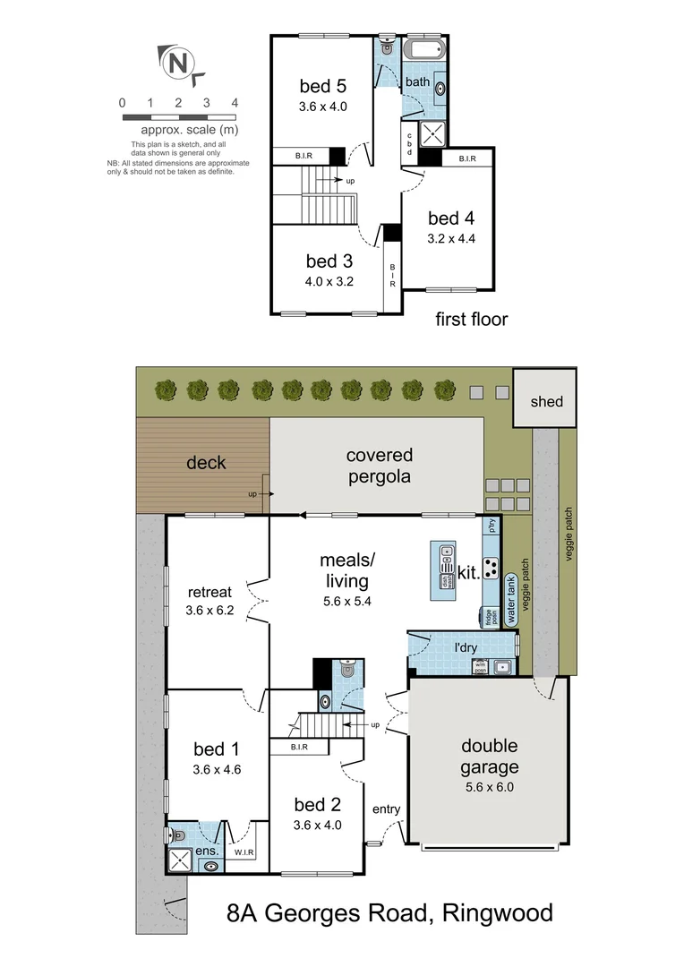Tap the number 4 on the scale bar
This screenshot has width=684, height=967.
[x=235, y=103]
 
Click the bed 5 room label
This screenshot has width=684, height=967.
[x=322, y=87]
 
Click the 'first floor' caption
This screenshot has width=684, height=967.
[x=472, y=319]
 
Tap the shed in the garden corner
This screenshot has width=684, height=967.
[x=545, y=401]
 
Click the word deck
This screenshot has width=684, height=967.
[x=206, y=463]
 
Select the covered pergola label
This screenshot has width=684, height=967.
[x=380, y=466]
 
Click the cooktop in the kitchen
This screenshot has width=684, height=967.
[x=492, y=568]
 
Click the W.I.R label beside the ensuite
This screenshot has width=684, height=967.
[x=245, y=852]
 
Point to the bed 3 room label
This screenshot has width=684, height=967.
[x=329, y=261]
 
